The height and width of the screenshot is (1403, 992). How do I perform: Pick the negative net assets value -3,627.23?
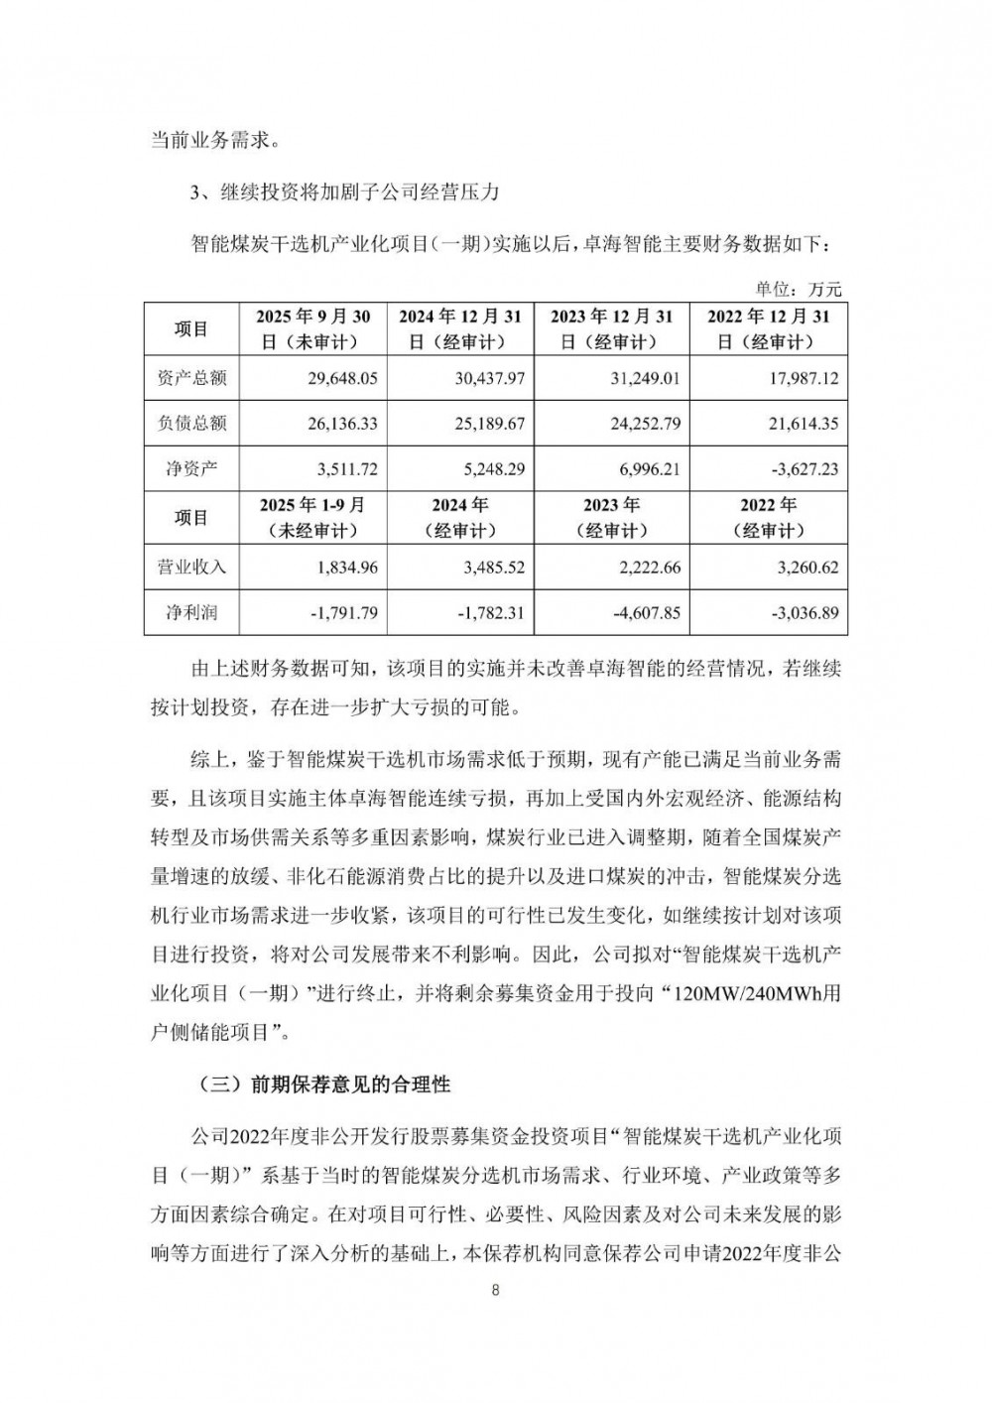coord(803,468)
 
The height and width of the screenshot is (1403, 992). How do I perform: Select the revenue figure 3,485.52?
coord(489,568)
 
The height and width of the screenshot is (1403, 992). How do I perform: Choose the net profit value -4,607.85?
coord(645,613)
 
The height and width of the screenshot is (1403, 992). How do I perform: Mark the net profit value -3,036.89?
coord(803,613)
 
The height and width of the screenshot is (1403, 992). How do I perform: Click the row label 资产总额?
coord(192,378)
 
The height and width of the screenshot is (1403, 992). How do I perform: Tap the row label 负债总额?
coord(192,424)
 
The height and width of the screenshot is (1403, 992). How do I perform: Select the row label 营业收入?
coord(192,568)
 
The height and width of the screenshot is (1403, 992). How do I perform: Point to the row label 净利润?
coord(192,613)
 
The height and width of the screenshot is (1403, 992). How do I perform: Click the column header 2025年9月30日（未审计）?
coord(313,328)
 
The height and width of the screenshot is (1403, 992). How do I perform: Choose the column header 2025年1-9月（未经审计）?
coord(313,518)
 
